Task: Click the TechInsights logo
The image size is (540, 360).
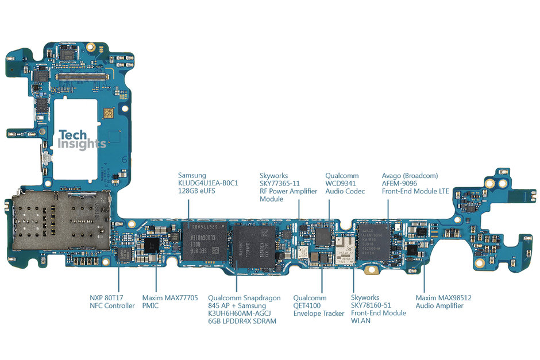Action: click(x=82, y=140)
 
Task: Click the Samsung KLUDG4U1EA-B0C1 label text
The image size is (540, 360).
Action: click(x=207, y=183)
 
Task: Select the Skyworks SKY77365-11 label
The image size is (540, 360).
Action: click(x=288, y=187)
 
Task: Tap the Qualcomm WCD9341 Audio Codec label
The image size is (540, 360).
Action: click(x=345, y=183)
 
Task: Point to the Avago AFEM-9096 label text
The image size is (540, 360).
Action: click(x=415, y=183)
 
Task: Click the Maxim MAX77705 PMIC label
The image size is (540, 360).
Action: click(x=170, y=302)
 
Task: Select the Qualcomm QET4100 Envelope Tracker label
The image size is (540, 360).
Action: click(x=318, y=306)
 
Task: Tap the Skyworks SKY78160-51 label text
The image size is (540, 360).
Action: click(x=378, y=309)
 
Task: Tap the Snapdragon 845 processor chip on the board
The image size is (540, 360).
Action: click(x=253, y=247)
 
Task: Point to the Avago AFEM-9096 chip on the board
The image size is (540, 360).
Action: click(x=374, y=242)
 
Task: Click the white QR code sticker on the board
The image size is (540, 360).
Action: click(x=108, y=114)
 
